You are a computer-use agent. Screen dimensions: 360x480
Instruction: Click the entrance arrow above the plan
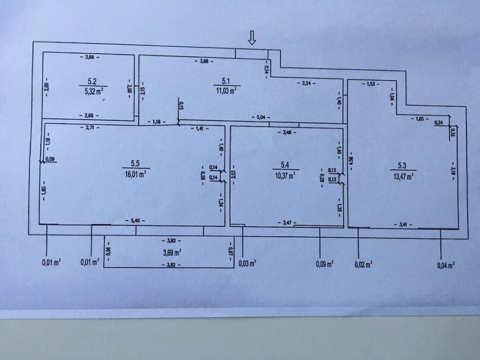[x=251, y=38]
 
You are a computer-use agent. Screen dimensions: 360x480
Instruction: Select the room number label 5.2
[x=92, y=82]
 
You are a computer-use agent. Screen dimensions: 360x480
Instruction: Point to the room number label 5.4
[x=285, y=164]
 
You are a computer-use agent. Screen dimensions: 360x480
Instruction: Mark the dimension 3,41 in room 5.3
[x=403, y=224]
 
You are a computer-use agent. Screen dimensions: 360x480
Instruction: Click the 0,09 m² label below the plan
[x=325, y=263]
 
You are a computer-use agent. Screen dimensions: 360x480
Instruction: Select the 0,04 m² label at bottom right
[x=446, y=265]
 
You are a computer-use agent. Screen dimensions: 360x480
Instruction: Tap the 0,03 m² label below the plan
[x=248, y=263]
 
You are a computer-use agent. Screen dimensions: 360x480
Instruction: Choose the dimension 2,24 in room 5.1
[x=304, y=83]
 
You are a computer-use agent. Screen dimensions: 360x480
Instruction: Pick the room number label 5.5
[x=135, y=163]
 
